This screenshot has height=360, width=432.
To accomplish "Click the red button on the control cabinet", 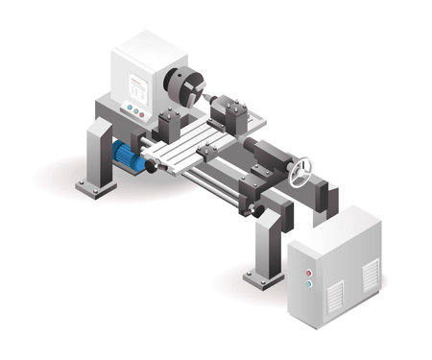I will [x=309, y=273].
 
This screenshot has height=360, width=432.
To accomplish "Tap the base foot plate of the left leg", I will [x=96, y=187].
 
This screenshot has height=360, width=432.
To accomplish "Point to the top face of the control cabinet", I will [x=331, y=225].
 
